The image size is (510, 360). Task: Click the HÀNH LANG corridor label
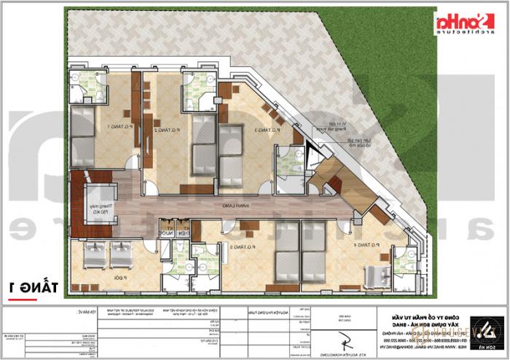(x=231, y=208)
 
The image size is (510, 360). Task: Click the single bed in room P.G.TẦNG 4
(x=378, y=275)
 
